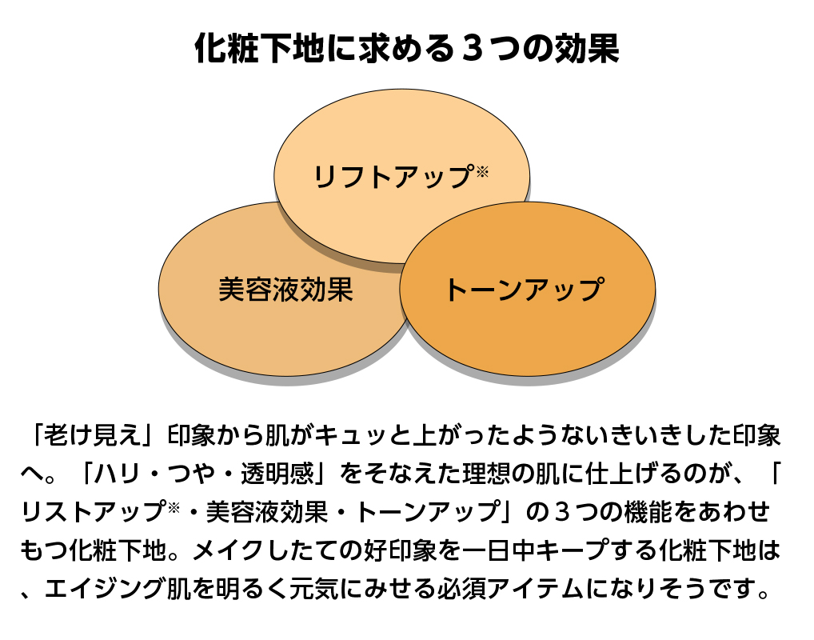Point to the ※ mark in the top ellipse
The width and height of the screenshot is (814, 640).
coord(482,171)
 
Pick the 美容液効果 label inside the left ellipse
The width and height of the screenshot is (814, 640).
coord(285,290)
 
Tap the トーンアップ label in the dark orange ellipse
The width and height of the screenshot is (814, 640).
coord(525,290)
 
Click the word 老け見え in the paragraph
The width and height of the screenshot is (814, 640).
coord(93,435)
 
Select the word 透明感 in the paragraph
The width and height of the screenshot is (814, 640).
coord(277,474)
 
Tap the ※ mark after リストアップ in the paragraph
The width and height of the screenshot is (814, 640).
coord(174,506)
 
